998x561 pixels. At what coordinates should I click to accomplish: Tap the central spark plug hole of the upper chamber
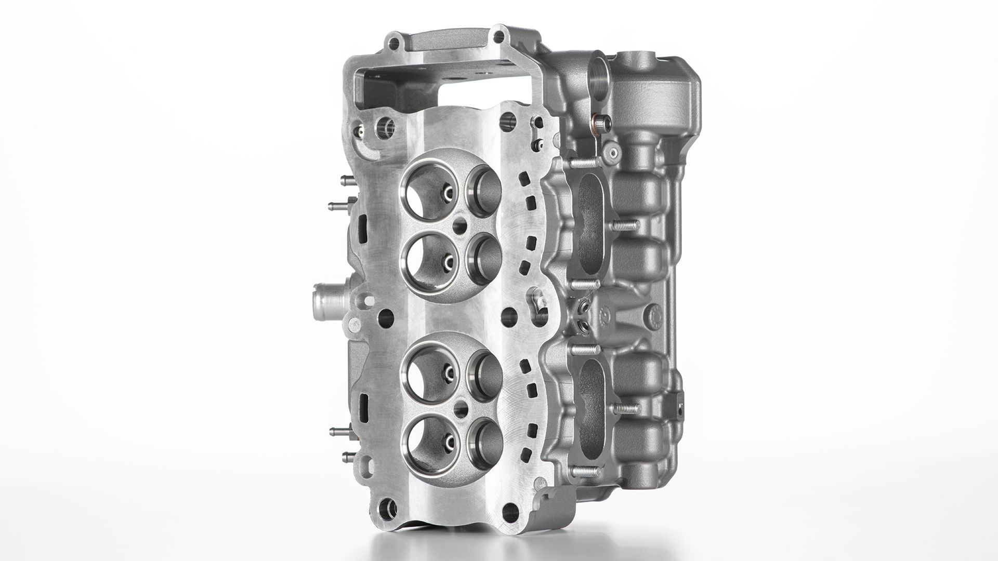coord(459,226)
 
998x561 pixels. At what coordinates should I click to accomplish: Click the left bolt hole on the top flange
coord(396,42)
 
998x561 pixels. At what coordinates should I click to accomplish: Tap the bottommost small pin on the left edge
coord(346,457)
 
